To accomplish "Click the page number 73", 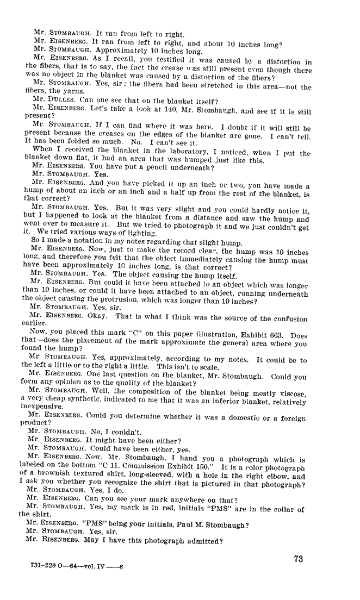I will [x=297, y=560].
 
